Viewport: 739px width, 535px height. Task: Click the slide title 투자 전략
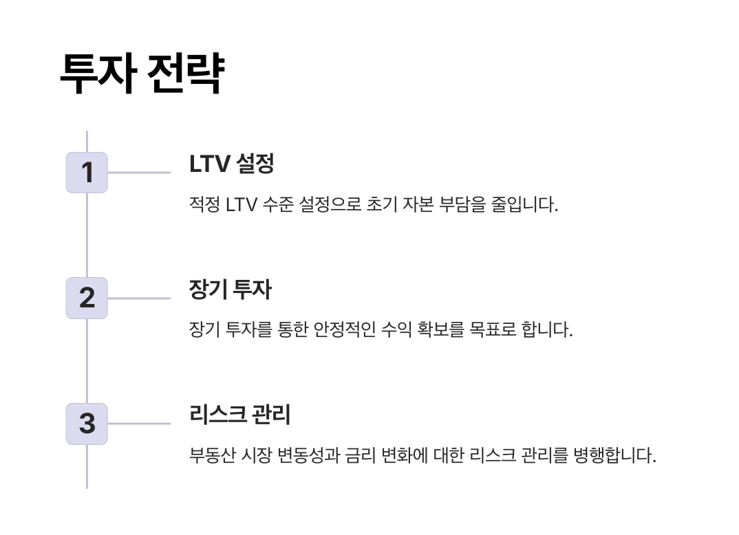(142, 73)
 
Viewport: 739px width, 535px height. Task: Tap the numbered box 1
(87, 172)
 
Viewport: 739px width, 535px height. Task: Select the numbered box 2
(87, 298)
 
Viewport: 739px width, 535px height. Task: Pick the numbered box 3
(87, 424)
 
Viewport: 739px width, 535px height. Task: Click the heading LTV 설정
(232, 164)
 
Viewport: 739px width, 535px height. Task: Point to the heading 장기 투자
(230, 290)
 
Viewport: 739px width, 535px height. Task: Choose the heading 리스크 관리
(239, 415)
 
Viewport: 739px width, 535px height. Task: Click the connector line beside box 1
(139, 173)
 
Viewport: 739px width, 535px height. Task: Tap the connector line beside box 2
(139, 298)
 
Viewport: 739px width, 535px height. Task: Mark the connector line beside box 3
(139, 424)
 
